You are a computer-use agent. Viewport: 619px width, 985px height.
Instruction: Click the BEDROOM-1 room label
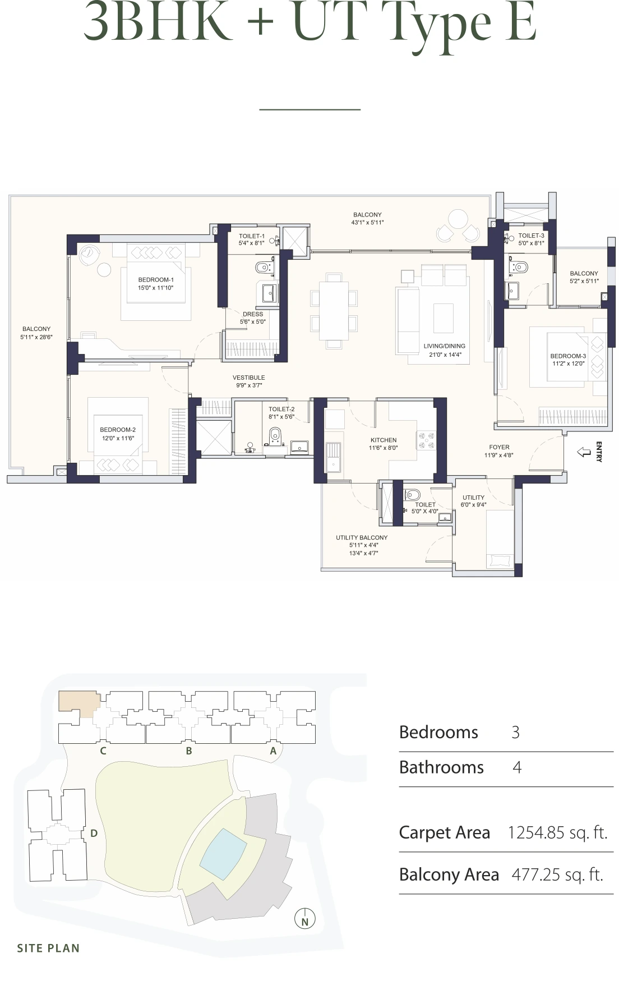pyautogui.click(x=156, y=279)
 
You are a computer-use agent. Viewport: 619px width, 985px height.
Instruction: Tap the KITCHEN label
pyautogui.click(x=384, y=440)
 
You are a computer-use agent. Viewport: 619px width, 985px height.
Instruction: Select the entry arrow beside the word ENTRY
pyautogui.click(x=584, y=452)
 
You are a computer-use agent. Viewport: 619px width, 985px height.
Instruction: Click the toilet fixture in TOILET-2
pyautogui.click(x=275, y=435)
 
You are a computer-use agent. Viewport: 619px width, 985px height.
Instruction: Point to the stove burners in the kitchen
pyautogui.click(x=425, y=440)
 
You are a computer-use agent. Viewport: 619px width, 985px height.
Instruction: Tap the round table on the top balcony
pyautogui.click(x=458, y=219)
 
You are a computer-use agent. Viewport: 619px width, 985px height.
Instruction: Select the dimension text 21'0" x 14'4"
pyautogui.click(x=445, y=355)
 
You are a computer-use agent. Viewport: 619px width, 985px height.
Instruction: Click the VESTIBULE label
pyautogui.click(x=249, y=378)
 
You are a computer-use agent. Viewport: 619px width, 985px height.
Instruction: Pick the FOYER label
pyautogui.click(x=499, y=447)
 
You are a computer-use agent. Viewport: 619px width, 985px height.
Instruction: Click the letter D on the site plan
pyautogui.click(x=94, y=834)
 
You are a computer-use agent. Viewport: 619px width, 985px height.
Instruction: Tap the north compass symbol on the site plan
pyautogui.click(x=305, y=919)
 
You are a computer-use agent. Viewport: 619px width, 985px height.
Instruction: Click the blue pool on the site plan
pyautogui.click(x=223, y=853)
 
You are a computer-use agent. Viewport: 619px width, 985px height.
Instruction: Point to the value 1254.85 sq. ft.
pyautogui.click(x=557, y=832)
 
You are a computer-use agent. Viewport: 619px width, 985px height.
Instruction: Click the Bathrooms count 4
pyautogui.click(x=517, y=767)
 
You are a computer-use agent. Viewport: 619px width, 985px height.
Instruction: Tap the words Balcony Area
pyautogui.click(x=449, y=874)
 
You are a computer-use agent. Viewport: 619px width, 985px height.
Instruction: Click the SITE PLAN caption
pyautogui.click(x=48, y=948)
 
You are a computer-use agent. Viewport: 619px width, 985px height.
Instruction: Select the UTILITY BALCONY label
pyautogui.click(x=362, y=537)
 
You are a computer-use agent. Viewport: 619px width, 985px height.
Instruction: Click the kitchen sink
pyautogui.click(x=334, y=457)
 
